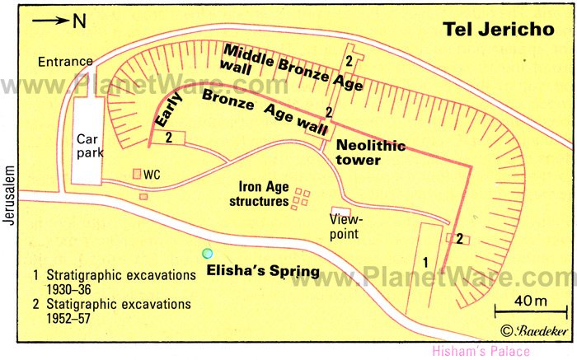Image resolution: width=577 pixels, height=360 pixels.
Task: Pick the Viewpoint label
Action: pos(346,227)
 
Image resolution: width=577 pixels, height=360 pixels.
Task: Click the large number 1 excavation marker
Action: pos(425,261)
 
